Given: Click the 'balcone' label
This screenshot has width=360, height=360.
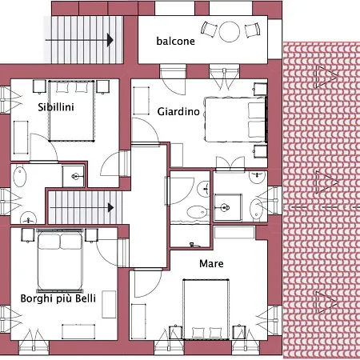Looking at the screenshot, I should (174, 42).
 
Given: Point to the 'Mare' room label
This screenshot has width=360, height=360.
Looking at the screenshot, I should (211, 263).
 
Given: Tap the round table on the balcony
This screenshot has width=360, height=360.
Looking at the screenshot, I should (230, 31).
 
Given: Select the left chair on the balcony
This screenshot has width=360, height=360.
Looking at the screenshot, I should (209, 30).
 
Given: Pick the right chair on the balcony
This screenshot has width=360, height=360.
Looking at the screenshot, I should (253, 30).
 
